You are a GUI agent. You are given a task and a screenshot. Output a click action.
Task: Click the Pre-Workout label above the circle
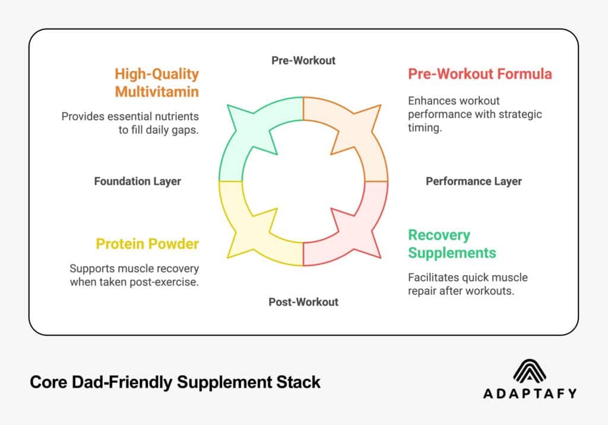(x=303, y=60)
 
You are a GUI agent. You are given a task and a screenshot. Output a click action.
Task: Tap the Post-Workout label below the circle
(x=303, y=302)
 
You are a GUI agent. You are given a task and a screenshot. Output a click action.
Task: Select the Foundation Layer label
(x=137, y=181)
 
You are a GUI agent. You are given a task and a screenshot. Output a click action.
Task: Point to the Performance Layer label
(x=474, y=181)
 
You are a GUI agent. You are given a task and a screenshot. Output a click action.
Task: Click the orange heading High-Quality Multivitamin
(x=157, y=83)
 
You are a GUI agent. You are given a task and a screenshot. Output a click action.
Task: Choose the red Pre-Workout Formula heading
(x=480, y=74)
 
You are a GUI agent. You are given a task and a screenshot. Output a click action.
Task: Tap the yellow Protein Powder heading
(x=147, y=244)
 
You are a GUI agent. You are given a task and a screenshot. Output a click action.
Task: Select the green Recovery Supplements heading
(x=452, y=244)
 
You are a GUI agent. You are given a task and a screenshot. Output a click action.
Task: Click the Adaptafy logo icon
(x=530, y=372)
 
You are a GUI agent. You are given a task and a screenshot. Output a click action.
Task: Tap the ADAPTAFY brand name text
(x=530, y=393)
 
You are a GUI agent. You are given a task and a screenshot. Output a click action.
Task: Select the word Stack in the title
(x=297, y=382)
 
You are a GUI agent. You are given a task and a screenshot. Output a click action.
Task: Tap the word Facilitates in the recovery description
(x=431, y=277)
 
